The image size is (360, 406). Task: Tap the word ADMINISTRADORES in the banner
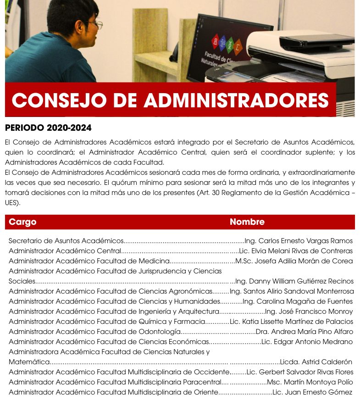(x=236, y=100)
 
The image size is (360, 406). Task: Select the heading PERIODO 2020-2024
(x=48, y=128)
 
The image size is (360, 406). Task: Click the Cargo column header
(x=22, y=222)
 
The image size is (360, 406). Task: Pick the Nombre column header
(x=247, y=222)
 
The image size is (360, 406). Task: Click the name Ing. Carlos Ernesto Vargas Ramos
(x=299, y=241)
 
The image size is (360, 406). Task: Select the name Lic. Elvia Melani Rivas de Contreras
(x=296, y=251)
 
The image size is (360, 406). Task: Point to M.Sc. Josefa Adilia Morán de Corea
(x=294, y=261)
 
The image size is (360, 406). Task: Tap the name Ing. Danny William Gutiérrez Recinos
(x=294, y=281)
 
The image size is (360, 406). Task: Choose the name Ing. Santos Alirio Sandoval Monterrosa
(x=292, y=291)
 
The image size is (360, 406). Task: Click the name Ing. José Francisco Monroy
(x=306, y=311)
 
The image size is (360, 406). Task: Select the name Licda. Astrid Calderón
(x=316, y=362)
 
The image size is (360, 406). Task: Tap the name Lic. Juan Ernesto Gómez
(x=312, y=392)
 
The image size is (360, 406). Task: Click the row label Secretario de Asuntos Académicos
(x=66, y=241)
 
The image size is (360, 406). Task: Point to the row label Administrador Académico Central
(x=65, y=251)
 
